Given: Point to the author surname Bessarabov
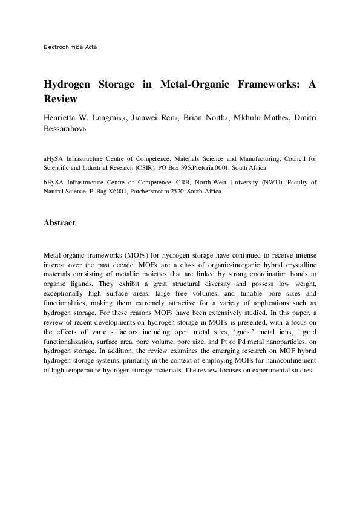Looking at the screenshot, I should click(65, 128).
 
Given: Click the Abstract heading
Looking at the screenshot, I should click(59, 223).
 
